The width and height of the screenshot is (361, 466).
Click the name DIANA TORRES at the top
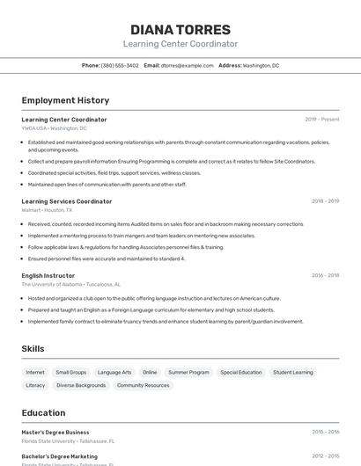(180, 30)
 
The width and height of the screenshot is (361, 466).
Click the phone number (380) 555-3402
(120, 65)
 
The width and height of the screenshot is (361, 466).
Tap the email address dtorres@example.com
(188, 65)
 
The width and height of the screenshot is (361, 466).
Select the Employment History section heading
(65, 100)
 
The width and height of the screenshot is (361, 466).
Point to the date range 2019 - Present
(322, 120)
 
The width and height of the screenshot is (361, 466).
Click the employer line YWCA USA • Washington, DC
(54, 128)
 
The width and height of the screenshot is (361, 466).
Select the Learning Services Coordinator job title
(67, 201)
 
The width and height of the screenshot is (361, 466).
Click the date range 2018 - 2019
(325, 201)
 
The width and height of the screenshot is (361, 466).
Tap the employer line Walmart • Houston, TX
(47, 210)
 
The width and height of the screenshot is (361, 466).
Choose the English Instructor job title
(48, 275)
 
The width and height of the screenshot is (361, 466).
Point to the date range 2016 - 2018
(325, 275)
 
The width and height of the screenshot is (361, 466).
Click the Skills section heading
(33, 349)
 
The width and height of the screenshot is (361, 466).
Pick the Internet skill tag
(35, 372)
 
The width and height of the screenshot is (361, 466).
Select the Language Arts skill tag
(114, 372)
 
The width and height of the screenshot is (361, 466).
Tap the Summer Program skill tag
(188, 372)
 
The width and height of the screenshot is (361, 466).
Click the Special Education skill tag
(241, 372)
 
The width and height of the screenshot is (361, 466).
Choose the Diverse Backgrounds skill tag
(81, 385)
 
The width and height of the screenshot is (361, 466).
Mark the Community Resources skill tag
(143, 385)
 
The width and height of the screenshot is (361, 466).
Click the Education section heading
(43, 413)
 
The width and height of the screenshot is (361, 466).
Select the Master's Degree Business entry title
(55, 433)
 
